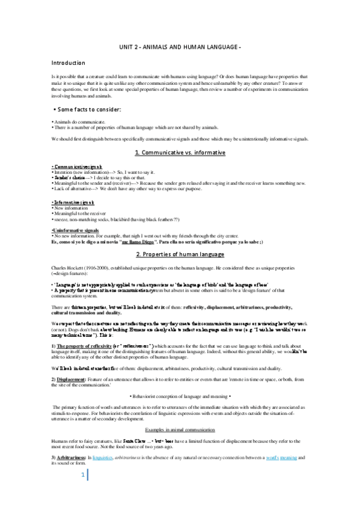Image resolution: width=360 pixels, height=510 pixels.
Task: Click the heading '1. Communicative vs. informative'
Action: [x=180, y=153]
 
